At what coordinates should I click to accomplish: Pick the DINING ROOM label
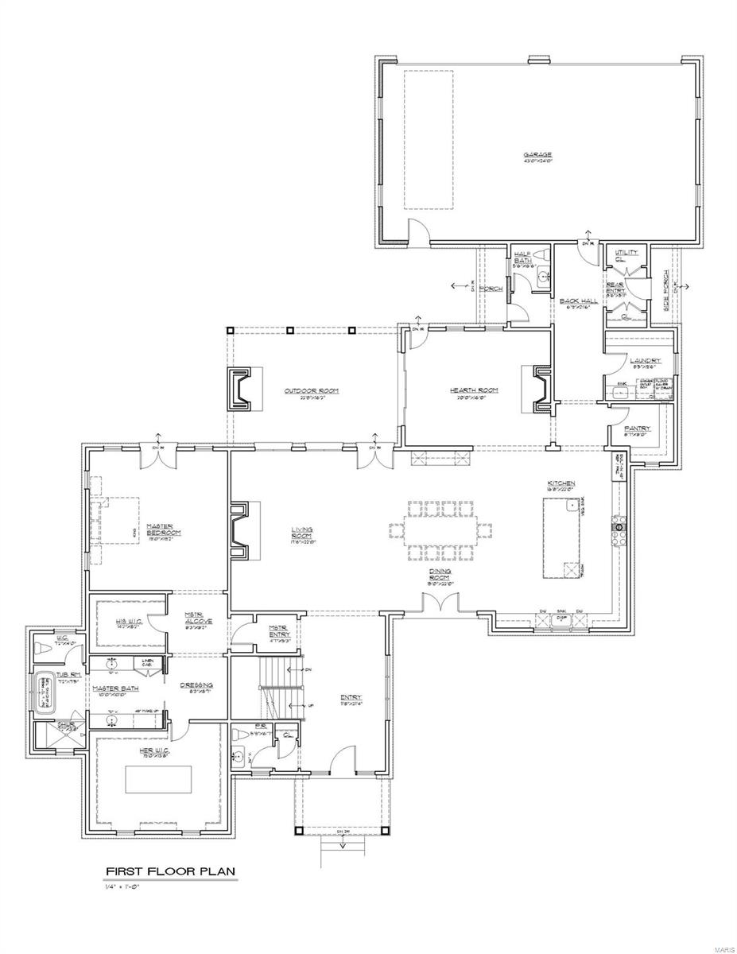tap(440, 575)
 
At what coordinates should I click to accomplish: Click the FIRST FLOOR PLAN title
tap(170, 871)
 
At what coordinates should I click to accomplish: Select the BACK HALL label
tap(578, 301)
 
